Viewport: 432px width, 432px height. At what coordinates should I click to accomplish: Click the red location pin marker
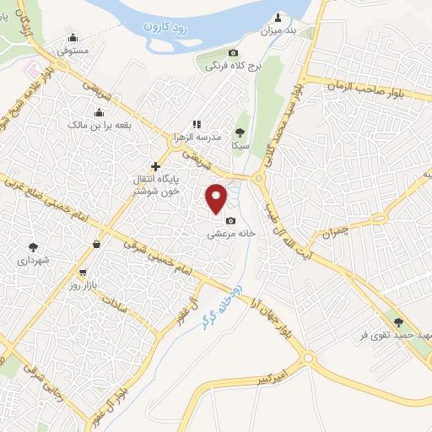point(218,198)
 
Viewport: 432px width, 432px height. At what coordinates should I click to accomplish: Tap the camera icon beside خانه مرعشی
point(229,220)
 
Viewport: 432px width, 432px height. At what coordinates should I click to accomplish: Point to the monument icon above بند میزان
point(278,17)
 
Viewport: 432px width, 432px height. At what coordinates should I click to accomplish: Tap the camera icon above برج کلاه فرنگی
point(234,53)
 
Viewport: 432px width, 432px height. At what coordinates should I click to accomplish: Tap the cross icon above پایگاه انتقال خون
point(154,167)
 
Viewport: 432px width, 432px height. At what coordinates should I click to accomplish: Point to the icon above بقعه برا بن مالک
point(99,113)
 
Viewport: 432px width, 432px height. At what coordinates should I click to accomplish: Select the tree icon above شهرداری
point(33,247)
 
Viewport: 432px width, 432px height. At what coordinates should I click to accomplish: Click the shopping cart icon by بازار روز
point(82,273)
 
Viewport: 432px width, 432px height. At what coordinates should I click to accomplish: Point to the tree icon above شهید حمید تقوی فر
point(398,321)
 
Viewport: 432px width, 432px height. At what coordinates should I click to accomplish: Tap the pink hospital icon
point(32,68)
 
